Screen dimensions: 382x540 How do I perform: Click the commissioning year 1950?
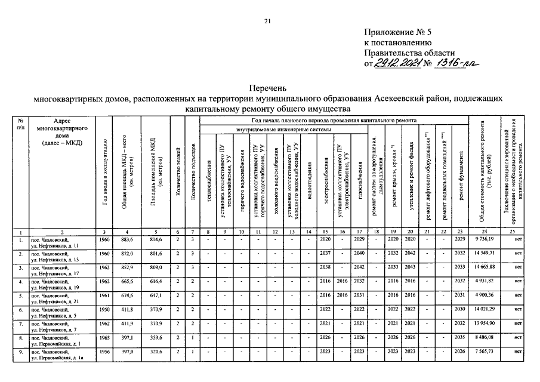pos(105,310)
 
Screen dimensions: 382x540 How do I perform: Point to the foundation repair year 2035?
pos(459,339)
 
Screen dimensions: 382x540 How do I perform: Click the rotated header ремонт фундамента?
pos(461,180)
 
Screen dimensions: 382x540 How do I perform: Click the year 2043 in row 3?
pos(411,267)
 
